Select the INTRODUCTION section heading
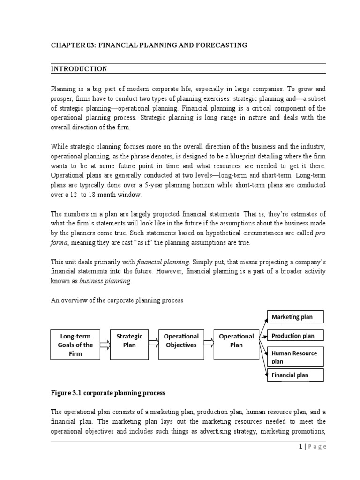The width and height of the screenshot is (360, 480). (79, 69)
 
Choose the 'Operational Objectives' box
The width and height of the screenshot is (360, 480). (181, 340)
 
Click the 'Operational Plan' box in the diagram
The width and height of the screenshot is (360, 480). (236, 340)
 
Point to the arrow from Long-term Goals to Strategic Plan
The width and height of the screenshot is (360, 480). (105, 345)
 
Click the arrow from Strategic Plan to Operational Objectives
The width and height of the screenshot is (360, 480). (154, 345)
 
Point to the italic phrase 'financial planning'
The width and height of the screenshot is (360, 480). (163, 262)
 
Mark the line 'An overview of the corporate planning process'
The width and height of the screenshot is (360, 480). (117, 300)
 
